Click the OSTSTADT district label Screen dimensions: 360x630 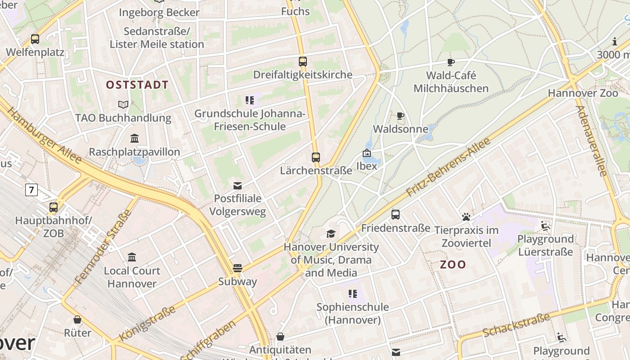137,85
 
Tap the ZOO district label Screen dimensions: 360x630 453,265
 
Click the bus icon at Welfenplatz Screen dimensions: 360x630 35,39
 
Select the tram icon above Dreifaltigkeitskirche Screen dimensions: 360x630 303,62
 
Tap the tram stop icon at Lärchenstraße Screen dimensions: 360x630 316,157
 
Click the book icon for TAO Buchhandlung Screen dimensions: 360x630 123,104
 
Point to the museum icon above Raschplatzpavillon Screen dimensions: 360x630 135,138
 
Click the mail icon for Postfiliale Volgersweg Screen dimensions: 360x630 238,185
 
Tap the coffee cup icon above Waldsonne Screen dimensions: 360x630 400,116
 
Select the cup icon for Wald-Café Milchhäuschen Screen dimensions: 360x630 451,62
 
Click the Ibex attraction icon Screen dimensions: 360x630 367,153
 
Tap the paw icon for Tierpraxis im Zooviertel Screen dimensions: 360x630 466,217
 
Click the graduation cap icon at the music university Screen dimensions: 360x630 331,234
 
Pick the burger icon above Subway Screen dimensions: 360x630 238,268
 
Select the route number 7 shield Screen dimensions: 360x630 31,190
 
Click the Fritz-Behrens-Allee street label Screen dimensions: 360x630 448,167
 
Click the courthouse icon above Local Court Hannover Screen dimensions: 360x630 132,257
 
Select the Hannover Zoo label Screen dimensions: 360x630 583,93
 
